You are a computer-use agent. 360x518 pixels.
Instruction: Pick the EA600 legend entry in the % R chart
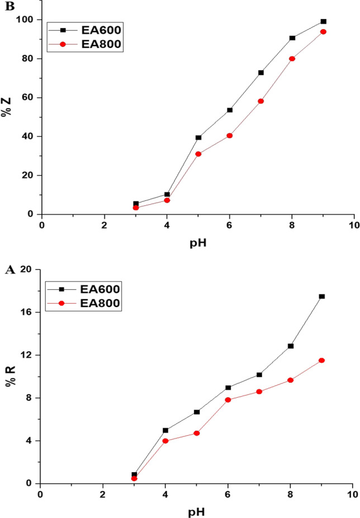tap(88, 289)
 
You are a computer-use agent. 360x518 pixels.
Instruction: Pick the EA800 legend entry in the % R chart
tap(88, 303)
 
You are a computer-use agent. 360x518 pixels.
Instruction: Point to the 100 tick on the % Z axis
tap(27, 20)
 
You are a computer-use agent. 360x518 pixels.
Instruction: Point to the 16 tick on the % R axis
tap(28, 312)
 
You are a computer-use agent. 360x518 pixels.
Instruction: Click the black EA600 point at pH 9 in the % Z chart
tap(323, 21)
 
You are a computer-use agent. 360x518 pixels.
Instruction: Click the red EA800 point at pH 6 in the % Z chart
tap(229, 135)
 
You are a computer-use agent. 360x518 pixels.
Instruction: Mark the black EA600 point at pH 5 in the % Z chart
tap(198, 137)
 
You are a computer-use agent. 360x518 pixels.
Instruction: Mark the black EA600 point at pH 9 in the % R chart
tap(322, 296)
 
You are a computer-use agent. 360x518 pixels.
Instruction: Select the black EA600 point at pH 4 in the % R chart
tap(165, 430)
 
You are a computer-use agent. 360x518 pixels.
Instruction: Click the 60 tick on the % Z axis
tap(29, 97)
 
